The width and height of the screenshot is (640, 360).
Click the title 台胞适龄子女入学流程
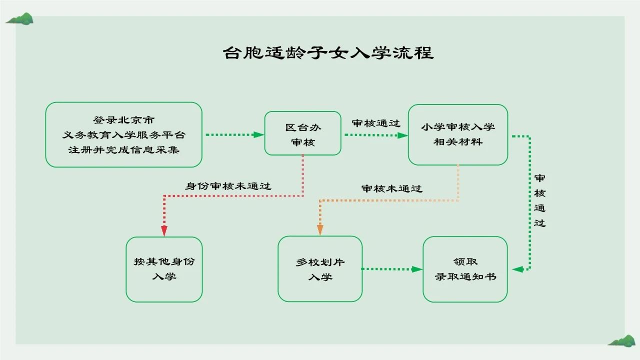pos(328,53)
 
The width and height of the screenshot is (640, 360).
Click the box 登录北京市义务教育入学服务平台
pos(123,134)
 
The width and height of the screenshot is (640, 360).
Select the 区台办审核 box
pos(302,133)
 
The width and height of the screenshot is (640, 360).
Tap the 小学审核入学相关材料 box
pos(457,134)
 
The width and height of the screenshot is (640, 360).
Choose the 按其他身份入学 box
pos(164,269)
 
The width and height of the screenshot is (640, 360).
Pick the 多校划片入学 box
pos(319,269)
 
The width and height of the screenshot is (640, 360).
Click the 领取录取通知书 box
pos(465,269)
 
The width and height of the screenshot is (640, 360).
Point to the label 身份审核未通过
pos(228,186)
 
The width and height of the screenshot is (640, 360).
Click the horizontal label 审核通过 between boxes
pos(376,123)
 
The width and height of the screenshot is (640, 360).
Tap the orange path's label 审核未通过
pos(391,188)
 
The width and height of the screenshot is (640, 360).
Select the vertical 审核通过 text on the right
pos(539,200)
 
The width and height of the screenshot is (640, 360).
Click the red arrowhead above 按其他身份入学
pos(164,230)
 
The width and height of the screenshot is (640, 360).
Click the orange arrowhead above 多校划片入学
pos(320,229)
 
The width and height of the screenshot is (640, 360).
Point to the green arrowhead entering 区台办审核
pos(258,134)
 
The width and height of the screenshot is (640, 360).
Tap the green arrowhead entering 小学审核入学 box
pos(402,135)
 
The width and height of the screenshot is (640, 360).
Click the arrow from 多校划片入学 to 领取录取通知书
pos(392,269)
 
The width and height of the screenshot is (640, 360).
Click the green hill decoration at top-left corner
pos(20,19)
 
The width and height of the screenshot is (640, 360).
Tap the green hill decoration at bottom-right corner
pos(621,341)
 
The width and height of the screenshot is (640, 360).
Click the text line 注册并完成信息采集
pos(124,149)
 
